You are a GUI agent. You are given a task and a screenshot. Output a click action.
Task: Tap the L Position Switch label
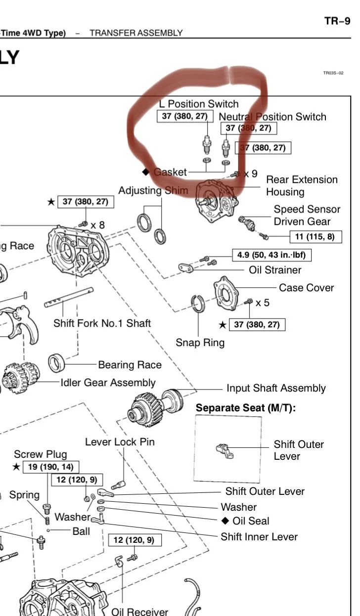pyautogui.click(x=198, y=104)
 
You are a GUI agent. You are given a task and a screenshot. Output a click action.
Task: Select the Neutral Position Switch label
pyautogui.click(x=272, y=117)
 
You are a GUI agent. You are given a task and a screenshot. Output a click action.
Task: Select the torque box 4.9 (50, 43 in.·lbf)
pyautogui.click(x=271, y=255)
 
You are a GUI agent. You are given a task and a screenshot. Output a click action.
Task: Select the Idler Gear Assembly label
pyautogui.click(x=108, y=383)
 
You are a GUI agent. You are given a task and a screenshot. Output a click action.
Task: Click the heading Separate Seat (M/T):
pyautogui.click(x=246, y=408)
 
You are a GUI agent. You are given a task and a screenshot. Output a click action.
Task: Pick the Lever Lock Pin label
pyautogui.click(x=120, y=441)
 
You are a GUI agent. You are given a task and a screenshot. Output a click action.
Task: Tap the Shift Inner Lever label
pyautogui.click(x=259, y=536)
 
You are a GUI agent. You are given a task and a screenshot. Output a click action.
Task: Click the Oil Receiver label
pyautogui.click(x=139, y=611)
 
